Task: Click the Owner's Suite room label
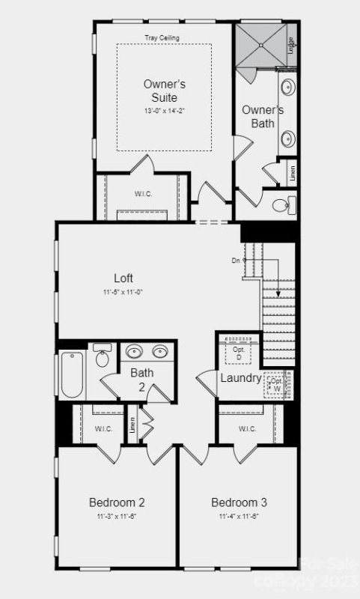tap(164, 90)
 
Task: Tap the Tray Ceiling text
tap(162, 37)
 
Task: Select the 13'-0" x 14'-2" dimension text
tap(164, 111)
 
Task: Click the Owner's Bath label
tap(263, 117)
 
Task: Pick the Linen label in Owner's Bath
tap(293, 173)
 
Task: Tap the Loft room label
tap(123, 278)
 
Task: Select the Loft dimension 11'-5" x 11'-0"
tap(123, 292)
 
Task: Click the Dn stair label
tap(236, 260)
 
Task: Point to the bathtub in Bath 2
tap(70, 374)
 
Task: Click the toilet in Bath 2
tap(103, 357)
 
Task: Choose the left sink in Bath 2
tap(134, 351)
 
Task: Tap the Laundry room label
tap(240, 378)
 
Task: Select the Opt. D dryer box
tap(239, 352)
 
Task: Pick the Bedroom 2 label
tap(117, 502)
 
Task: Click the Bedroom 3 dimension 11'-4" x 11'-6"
tap(239, 517)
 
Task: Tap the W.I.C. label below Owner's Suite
tap(144, 193)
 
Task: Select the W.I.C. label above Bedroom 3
tap(248, 429)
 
